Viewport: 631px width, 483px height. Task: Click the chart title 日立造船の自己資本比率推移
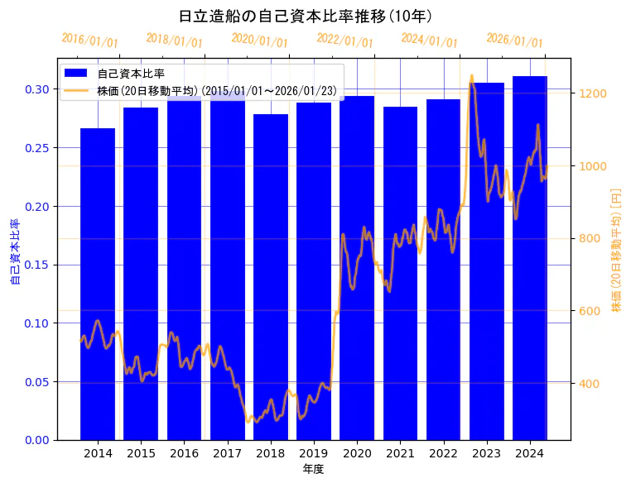coord(306,16)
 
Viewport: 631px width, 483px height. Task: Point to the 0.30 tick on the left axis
coord(36,89)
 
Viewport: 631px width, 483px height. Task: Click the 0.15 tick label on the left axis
coord(36,265)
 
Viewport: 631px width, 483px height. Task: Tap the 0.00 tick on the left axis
coord(36,440)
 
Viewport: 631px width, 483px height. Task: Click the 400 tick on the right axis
coord(590,384)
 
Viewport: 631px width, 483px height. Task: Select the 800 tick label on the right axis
coord(590,239)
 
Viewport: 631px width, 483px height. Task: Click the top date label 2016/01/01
coord(90,41)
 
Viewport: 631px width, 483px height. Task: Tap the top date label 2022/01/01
coord(345,41)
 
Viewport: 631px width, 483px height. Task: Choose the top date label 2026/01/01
coord(515,41)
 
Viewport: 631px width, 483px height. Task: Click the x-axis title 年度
coord(313,469)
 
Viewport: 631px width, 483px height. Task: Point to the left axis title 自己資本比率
coord(15,252)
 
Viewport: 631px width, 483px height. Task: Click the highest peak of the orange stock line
coord(471,76)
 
